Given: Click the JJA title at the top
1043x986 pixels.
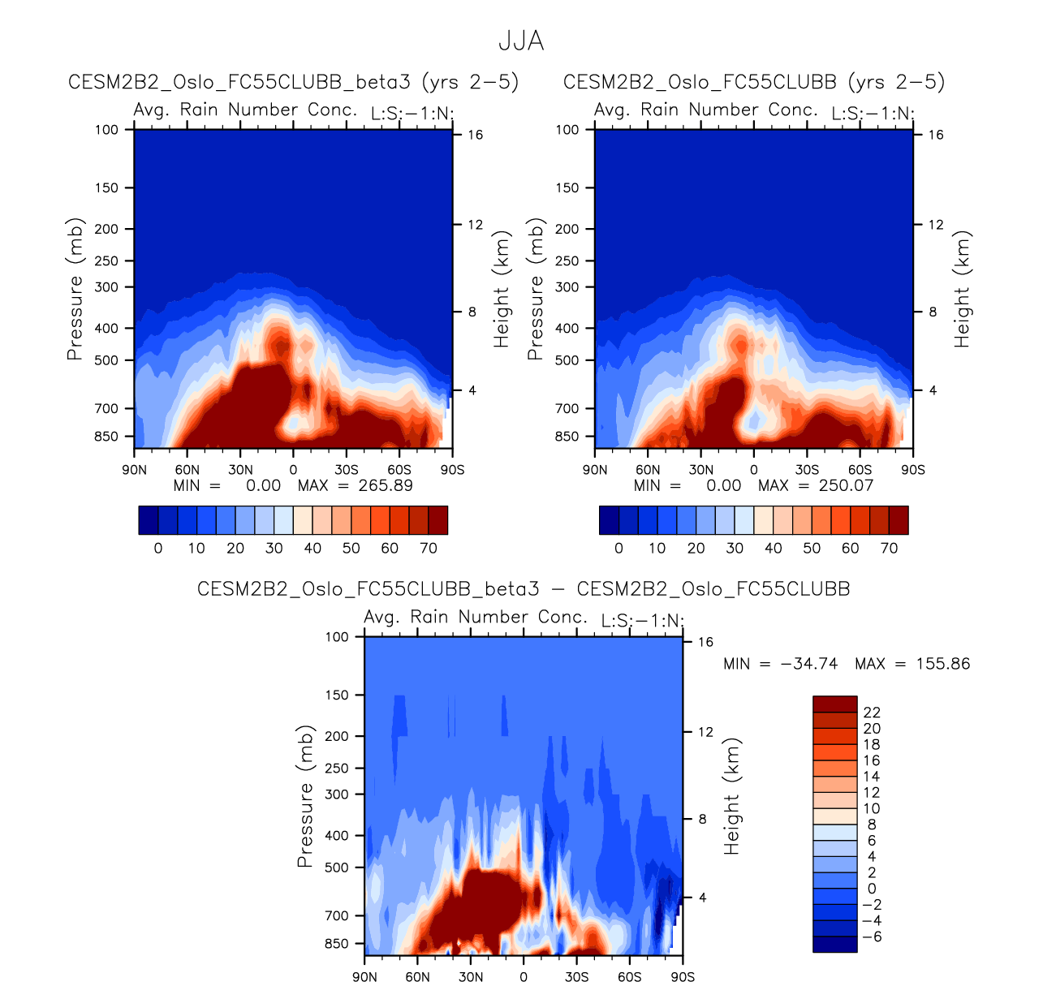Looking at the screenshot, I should (520, 41).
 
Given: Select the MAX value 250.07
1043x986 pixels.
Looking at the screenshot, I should (846, 485).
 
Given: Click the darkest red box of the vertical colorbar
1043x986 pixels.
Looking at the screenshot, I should (834, 704).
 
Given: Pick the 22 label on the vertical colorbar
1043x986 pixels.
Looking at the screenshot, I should (872, 713).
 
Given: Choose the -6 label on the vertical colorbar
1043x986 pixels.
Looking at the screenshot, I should (872, 936).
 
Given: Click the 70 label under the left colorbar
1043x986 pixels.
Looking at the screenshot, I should (429, 548).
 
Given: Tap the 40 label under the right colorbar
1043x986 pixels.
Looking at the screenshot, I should (774, 548).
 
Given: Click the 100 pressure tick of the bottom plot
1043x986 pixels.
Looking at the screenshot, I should (337, 637).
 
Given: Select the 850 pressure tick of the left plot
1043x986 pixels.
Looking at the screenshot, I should (106, 437).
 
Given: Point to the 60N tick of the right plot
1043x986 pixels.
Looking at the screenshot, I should (648, 470).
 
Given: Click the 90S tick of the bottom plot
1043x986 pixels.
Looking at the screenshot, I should (683, 977).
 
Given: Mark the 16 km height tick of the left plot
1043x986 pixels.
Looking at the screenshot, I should (475, 135).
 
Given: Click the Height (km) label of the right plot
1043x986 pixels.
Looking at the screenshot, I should (963, 290).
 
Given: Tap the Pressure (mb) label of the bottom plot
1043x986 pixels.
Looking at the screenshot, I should (305, 797).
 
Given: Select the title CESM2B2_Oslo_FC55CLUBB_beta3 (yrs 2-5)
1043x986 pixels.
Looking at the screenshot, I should (293, 82).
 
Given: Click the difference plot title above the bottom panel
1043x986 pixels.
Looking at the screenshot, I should (524, 589).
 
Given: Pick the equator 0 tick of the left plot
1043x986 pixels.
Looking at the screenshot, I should (293, 470).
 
